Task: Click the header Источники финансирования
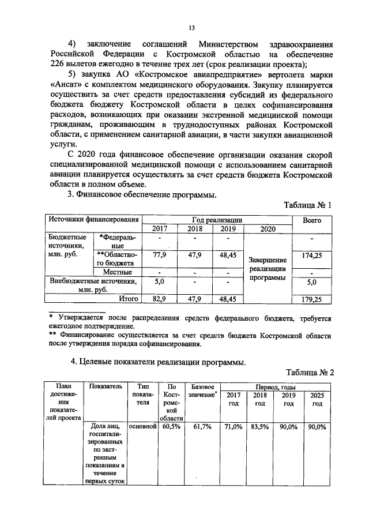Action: (x=93, y=220)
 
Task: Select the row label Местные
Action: (x=118, y=272)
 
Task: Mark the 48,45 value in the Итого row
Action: (x=228, y=299)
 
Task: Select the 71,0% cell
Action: (x=233, y=427)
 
